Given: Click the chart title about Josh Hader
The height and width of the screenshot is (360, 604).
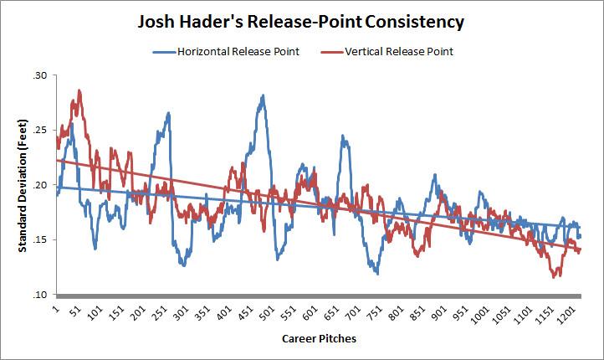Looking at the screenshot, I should point(302,20).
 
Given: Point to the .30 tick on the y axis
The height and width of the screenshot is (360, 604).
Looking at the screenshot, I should point(39,75).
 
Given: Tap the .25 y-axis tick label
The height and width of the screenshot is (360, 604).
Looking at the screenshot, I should point(39,130).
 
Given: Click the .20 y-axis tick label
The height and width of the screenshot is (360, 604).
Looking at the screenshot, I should point(39,185).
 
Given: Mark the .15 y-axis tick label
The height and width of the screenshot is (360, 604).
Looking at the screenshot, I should point(39,239).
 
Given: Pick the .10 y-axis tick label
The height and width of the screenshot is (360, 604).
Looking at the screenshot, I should point(39,295).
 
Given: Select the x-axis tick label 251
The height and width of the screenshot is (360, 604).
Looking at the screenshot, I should point(158,315).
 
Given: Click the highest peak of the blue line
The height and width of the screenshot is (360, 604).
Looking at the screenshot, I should point(264,95).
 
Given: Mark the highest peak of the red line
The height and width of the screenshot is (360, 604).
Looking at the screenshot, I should point(79,90).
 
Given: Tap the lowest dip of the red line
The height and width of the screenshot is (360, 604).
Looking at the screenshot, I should point(555,276).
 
